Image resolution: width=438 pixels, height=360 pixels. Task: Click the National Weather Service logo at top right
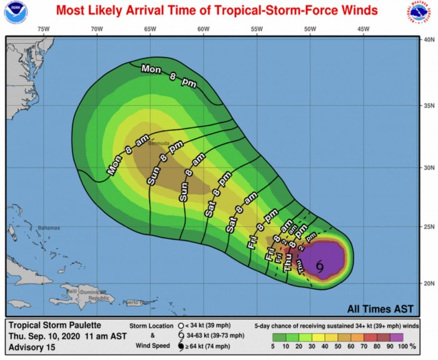(x=424, y=12)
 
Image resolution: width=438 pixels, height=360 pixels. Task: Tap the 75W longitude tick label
(x=43, y=29)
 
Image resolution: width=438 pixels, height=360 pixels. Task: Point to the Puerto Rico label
(x=133, y=302)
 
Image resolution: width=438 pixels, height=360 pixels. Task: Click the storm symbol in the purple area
(x=320, y=266)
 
